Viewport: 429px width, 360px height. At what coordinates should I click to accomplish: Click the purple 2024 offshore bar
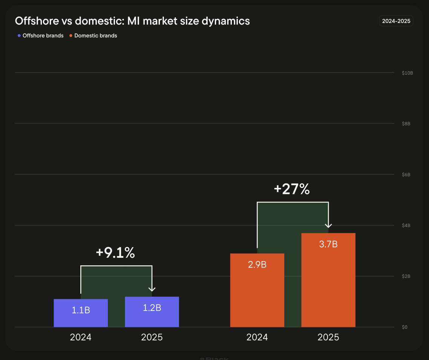coord(81,313)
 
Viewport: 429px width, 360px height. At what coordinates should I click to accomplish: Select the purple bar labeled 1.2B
coord(152,312)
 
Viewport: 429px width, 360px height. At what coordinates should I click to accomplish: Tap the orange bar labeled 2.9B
coord(257,290)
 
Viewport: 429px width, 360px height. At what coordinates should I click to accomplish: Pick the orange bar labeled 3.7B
coord(328,280)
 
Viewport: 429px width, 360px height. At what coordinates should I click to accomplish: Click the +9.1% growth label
coord(115,252)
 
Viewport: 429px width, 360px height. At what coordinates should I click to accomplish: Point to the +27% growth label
coord(292,189)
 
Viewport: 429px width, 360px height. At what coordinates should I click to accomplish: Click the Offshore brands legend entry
coord(40,35)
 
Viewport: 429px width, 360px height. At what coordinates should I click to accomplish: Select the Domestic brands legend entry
coord(93,35)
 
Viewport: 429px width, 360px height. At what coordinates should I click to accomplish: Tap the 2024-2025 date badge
coord(396,21)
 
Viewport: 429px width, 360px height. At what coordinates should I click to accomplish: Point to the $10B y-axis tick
coord(408,73)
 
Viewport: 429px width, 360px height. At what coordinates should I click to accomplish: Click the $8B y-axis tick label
coord(406,123)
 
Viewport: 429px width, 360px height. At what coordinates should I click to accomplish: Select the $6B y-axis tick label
coord(406,174)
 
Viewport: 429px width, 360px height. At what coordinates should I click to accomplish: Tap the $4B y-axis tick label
coord(406,226)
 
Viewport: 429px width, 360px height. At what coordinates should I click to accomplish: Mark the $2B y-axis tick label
coord(406,276)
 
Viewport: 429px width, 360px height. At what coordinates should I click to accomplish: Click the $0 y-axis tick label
coord(404,327)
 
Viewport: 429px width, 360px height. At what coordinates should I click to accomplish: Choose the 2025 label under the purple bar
coord(152,337)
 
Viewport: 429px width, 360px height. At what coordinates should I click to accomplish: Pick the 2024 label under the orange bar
coord(257,337)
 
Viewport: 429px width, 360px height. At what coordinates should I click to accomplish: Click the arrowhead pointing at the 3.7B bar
coord(328,226)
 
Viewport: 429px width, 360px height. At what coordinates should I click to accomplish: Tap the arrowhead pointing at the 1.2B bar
coord(152,289)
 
